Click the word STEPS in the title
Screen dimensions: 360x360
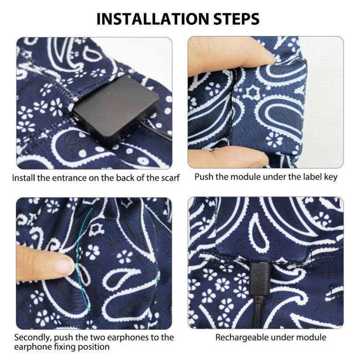point(237,19)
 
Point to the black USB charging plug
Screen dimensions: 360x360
point(259,279)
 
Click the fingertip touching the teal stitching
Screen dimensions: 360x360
point(67,264)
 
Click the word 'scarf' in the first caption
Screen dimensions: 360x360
point(170,178)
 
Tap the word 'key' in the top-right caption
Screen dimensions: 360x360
point(331,178)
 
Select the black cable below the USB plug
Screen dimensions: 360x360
point(258,312)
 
